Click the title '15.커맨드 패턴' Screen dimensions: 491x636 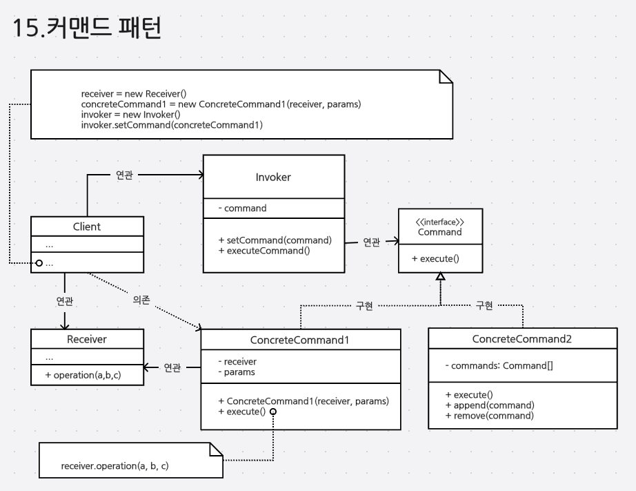pyautogui.click(x=86, y=30)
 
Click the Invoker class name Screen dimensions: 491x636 pyautogui.click(x=273, y=177)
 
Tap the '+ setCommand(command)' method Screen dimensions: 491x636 pyautogui.click(x=275, y=240)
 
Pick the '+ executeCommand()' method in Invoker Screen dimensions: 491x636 pyautogui.click(x=264, y=251)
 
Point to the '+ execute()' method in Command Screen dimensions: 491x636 pyautogui.click(x=435, y=258)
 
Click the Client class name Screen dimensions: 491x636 pyautogui.click(x=87, y=227)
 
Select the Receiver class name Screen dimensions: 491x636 pyautogui.click(x=87, y=339)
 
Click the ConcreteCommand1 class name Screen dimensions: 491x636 pyautogui.click(x=300, y=340)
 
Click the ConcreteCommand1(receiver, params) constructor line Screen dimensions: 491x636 pyautogui.click(x=304, y=401)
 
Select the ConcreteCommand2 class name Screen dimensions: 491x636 pyautogui.click(x=522, y=339)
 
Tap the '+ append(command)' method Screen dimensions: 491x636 pyautogui.click(x=490, y=405)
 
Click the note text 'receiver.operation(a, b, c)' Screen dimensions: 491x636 pyautogui.click(x=115, y=466)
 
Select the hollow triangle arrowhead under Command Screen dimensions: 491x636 pyautogui.click(x=440, y=276)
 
